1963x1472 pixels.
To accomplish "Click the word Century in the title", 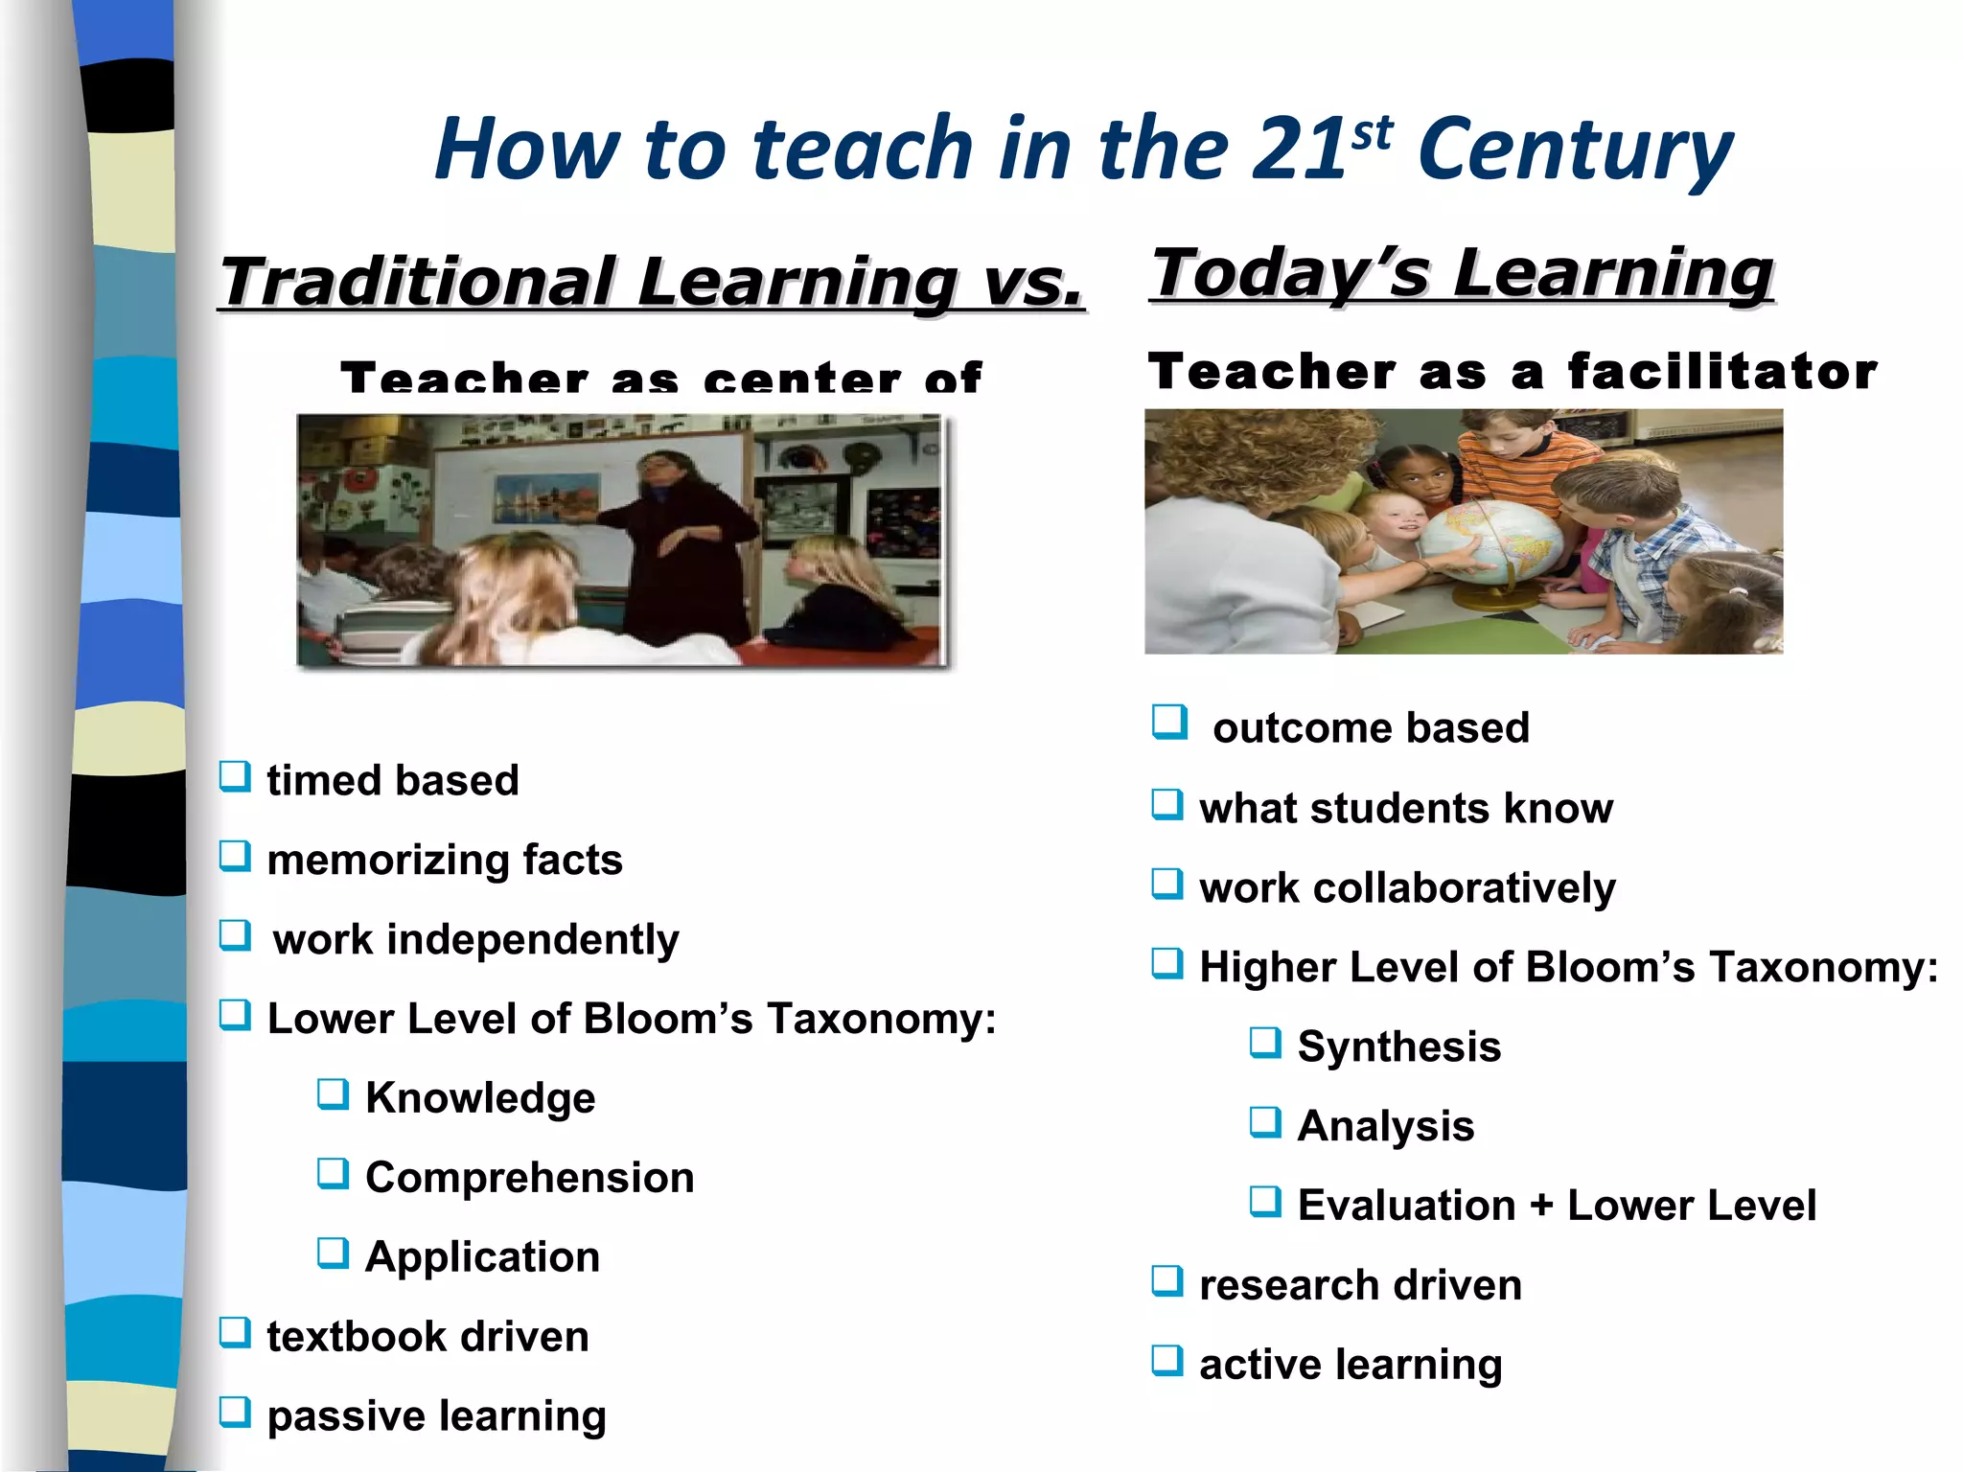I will pos(1574,151).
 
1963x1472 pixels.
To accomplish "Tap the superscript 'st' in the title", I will pos(1372,135).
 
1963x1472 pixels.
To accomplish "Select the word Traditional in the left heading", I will pos(418,282).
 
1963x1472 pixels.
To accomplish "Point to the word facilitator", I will pos(1722,371).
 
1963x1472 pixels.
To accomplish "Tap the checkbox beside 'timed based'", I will pos(235,775).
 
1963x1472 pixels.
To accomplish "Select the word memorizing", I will pos(387,860).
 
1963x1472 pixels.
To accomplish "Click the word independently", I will pos(533,939).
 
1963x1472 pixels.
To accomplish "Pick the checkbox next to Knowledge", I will pos(333,1093).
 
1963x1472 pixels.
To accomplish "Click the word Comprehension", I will pos(529,1177).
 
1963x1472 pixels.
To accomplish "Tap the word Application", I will pos(482,1256).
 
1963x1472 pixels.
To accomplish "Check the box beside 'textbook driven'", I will pos(235,1331).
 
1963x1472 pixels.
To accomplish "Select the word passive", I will pos(345,1416).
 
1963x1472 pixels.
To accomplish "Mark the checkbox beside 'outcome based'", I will pos(1169,722).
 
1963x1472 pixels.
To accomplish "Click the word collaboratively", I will pos(1464,887).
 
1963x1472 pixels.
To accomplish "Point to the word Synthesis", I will pos(1398,1046).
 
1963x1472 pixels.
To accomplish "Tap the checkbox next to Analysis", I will pos(1265,1121).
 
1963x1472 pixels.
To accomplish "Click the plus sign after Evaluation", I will pos(1541,1206).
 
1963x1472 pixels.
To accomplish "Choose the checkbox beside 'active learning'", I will pos(1167,1360).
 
